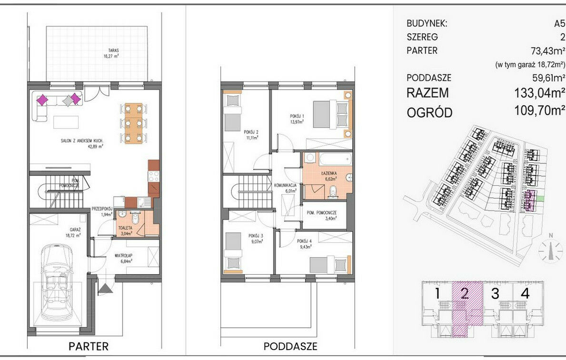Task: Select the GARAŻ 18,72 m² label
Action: (73, 232)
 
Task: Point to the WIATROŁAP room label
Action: (123, 258)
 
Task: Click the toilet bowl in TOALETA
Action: (135, 218)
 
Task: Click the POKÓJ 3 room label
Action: (256, 238)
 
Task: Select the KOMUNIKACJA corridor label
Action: (285, 188)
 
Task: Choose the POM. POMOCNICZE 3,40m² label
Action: (322, 215)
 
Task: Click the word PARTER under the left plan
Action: (89, 347)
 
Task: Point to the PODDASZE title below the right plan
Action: (290, 347)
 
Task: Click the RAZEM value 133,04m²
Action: (539, 93)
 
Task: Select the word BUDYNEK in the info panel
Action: (427, 24)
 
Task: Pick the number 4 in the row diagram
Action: (525, 293)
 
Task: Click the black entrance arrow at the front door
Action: (105, 289)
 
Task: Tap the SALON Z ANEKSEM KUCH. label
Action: (82, 143)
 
